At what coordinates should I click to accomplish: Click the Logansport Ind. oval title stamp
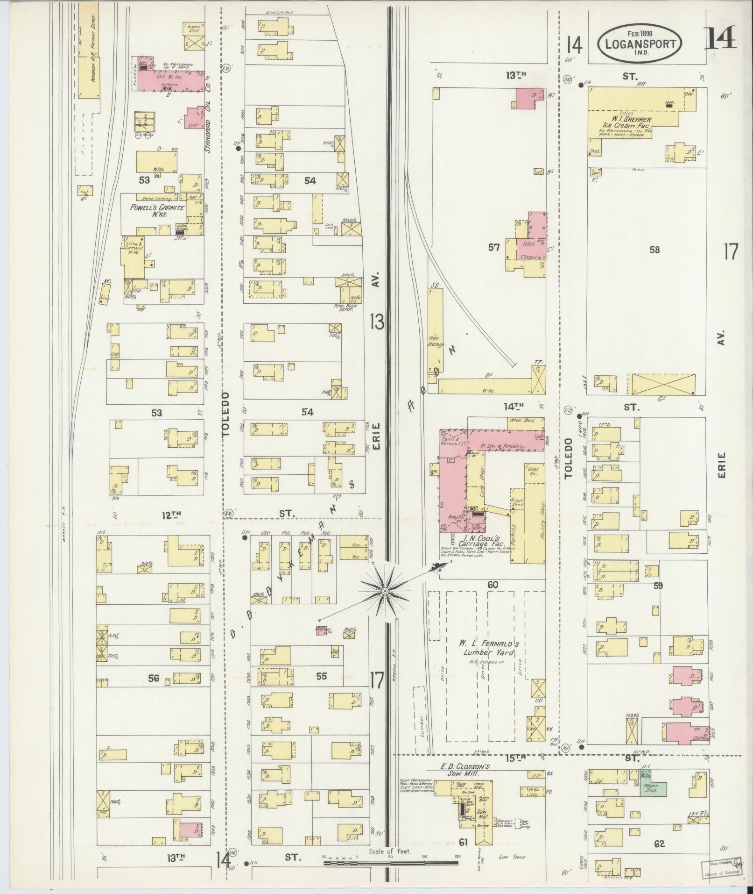tap(640, 44)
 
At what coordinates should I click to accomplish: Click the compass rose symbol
tap(385, 592)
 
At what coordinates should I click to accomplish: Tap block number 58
tap(654, 250)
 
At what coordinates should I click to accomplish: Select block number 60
tap(493, 585)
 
